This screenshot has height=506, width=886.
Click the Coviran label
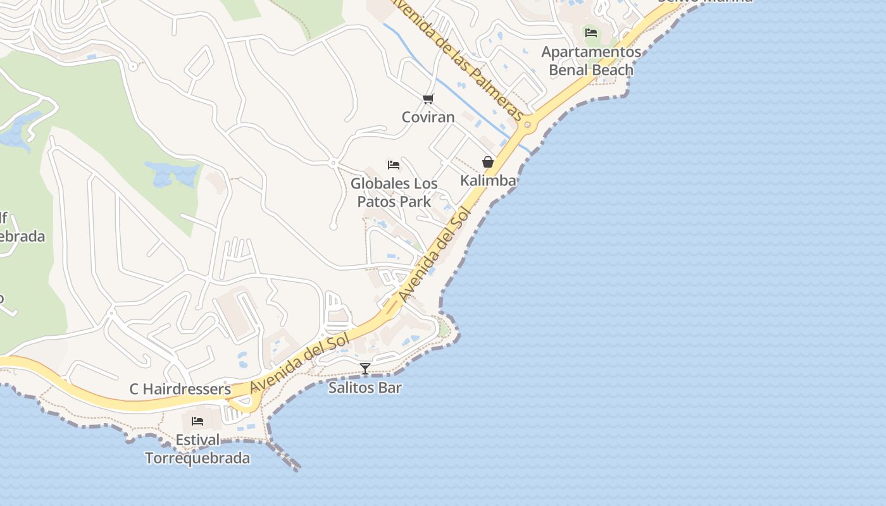(428, 117)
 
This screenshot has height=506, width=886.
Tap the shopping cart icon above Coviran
(428, 99)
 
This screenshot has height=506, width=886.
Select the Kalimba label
(488, 180)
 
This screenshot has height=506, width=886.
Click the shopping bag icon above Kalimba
(488, 162)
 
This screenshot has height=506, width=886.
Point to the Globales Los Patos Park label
(394, 193)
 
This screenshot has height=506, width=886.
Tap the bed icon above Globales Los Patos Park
(394, 165)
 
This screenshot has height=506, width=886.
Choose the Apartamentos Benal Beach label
(590, 61)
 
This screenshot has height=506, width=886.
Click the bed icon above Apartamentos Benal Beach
(591, 32)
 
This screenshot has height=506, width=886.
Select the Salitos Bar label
(365, 388)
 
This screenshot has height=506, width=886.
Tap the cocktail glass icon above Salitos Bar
(365, 369)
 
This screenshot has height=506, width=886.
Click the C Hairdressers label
(180, 389)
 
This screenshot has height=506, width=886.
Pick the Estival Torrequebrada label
(197, 449)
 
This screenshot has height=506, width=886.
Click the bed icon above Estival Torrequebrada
(197, 421)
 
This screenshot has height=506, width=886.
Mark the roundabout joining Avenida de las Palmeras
(528, 125)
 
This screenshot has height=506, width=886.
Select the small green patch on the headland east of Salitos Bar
(444, 330)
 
